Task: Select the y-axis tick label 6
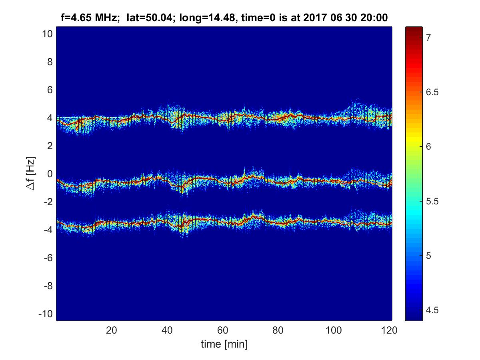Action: [49, 90]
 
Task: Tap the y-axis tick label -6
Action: [48, 258]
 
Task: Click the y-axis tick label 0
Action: [49, 174]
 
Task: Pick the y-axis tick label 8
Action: [49, 62]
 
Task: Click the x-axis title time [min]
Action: [224, 344]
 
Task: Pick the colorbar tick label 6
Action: [428, 147]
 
